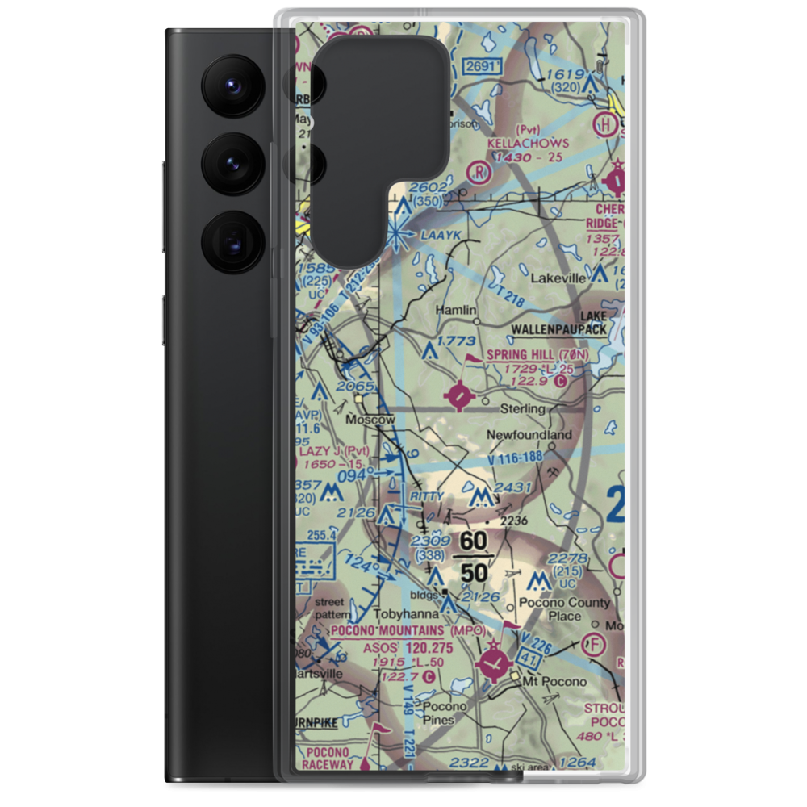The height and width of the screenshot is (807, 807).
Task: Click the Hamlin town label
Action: point(456,310)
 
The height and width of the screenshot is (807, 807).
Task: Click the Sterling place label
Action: point(523,409)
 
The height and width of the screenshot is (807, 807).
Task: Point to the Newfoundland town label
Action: point(529,435)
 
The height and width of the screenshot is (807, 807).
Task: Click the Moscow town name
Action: point(370,420)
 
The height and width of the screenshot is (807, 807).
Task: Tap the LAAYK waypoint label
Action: point(440,235)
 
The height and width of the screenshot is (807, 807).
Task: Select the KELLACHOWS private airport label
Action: point(528,143)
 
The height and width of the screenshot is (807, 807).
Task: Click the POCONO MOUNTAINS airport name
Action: point(385,629)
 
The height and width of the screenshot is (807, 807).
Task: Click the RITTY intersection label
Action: point(427,495)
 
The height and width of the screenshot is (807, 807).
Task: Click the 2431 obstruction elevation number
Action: point(514,487)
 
